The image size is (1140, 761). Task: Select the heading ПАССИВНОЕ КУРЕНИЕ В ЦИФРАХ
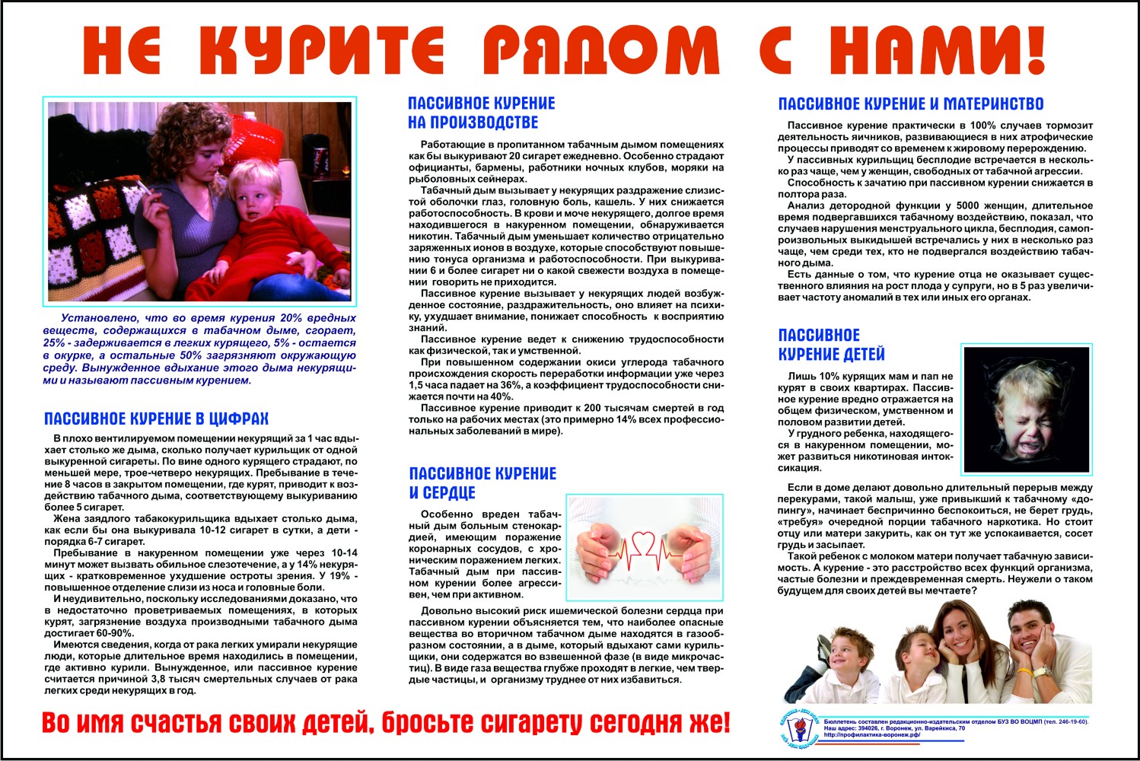coord(156,419)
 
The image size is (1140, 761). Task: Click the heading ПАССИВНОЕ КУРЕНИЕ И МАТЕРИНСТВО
coord(910,104)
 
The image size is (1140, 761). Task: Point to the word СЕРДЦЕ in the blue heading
coord(442,493)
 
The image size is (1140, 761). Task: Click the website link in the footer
coord(871,735)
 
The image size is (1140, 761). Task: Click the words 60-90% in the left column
coord(112,633)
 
